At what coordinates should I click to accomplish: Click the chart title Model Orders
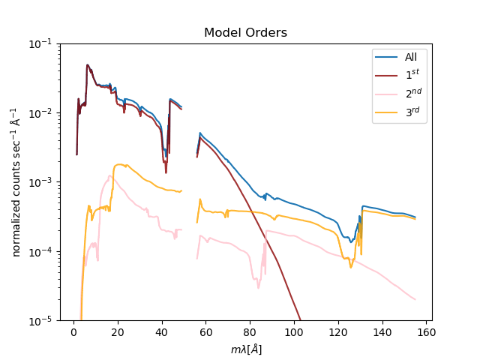point(245,33)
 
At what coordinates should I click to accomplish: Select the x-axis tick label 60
point(206,332)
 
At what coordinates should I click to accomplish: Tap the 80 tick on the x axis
point(250,332)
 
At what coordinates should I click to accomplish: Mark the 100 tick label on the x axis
point(295,332)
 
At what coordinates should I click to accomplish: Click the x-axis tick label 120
point(339,332)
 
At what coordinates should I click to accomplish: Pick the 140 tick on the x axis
point(383,332)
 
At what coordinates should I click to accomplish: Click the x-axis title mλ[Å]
point(245,349)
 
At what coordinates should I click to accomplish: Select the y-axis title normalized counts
point(16,182)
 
